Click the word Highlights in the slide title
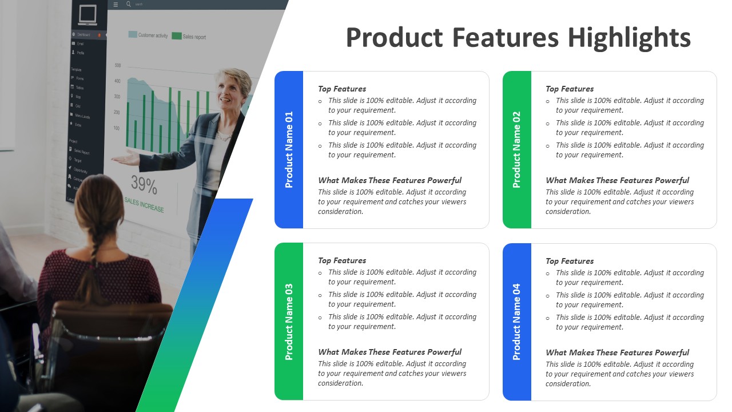629,38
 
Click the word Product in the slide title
395,38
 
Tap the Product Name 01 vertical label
289,149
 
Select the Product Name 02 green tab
516,149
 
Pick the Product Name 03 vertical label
289,322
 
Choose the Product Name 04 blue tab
516,322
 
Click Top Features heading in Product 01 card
342,89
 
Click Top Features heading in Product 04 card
570,261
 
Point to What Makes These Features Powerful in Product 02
617,180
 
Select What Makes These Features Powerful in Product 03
389,352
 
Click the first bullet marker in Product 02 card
548,101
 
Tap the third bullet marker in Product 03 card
320,318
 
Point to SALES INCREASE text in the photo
144,204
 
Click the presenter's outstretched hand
123,159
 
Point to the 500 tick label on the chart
118,66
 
